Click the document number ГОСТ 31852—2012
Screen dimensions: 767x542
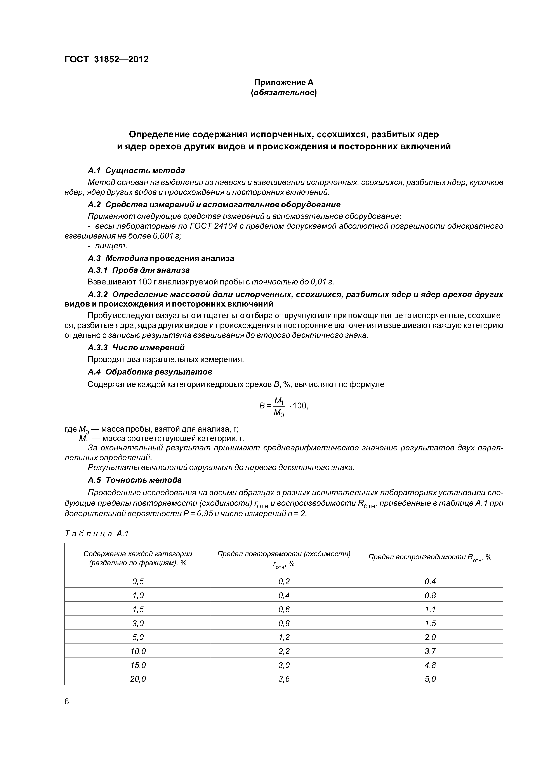tap(106, 59)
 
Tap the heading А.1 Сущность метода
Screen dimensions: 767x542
tap(136, 170)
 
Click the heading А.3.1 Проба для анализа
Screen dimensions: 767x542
tap(139, 270)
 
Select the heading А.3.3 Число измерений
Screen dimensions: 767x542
tap(136, 347)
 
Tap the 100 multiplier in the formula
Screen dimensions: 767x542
tap(300, 406)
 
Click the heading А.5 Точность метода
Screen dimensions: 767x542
tap(135, 480)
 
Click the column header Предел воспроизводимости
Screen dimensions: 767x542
tap(430, 557)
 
